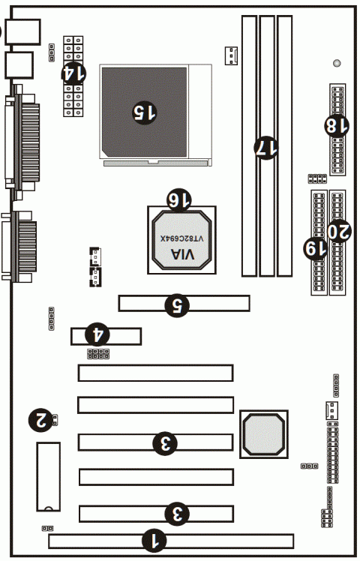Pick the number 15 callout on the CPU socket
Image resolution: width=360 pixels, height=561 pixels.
coord(145,112)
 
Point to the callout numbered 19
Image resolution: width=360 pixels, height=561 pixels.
coord(315,246)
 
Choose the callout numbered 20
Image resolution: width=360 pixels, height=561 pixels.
coord(339,230)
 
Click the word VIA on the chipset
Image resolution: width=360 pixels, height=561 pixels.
coord(181,256)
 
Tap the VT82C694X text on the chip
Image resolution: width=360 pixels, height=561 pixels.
coord(181,237)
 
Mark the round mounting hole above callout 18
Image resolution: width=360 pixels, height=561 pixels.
coord(337,63)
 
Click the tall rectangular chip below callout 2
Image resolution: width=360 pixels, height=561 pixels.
coord(47,475)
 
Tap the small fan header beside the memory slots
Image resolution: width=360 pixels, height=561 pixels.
coord(232,54)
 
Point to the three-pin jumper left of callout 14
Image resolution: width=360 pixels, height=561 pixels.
coord(51,52)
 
